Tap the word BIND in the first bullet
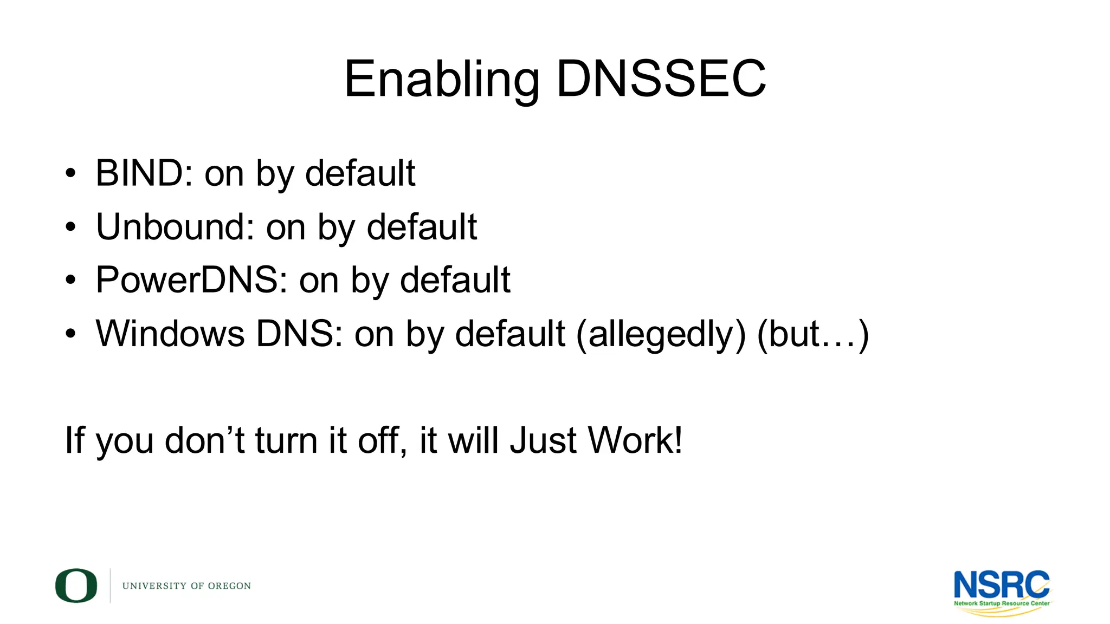click(x=139, y=173)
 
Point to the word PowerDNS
click(x=191, y=280)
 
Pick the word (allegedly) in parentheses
click(x=661, y=334)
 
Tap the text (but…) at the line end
click(x=812, y=334)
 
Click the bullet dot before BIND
click(x=70, y=174)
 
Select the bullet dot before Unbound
click(x=70, y=227)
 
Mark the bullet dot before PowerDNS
click(x=70, y=281)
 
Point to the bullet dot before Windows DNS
click(x=70, y=334)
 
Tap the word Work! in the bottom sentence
click(x=635, y=440)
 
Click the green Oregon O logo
click(x=76, y=586)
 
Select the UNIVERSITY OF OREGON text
click(x=186, y=586)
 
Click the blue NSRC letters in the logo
click(x=1001, y=584)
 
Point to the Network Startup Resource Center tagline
click(x=1002, y=603)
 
